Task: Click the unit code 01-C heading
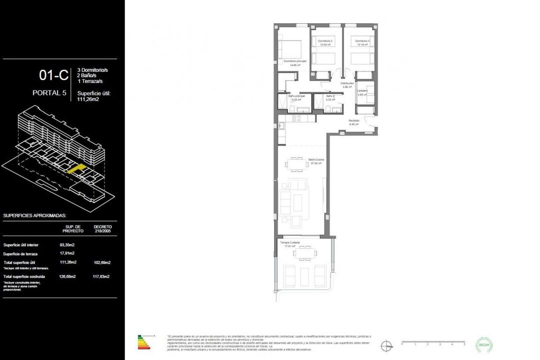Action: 53,75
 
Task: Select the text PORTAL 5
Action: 50,92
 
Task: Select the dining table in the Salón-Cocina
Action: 296,164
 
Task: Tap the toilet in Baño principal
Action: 291,109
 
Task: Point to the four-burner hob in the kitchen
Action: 296,119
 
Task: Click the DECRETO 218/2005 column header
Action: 102,228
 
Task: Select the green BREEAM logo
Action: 483,344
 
